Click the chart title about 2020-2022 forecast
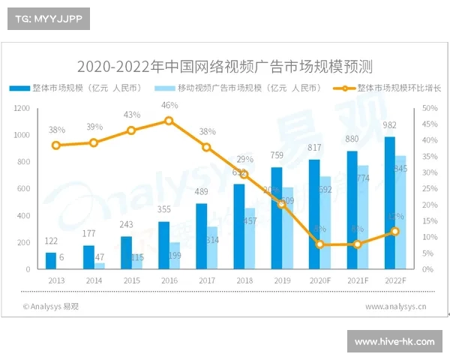(x=224, y=65)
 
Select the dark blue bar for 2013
(x=51, y=260)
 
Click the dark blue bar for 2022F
(x=389, y=202)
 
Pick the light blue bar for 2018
(x=250, y=238)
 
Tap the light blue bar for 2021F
(x=363, y=217)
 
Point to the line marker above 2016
(x=169, y=121)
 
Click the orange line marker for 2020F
(x=320, y=244)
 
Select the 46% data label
(x=169, y=105)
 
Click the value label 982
(x=389, y=125)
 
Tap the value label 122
(x=51, y=241)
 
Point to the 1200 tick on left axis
(x=22, y=108)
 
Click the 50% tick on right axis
(x=427, y=108)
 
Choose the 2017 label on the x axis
(x=207, y=280)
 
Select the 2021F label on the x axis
(x=358, y=280)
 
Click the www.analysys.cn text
(x=396, y=306)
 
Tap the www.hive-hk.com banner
(x=394, y=341)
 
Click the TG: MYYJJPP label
(x=48, y=19)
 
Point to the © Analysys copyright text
(x=50, y=306)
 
